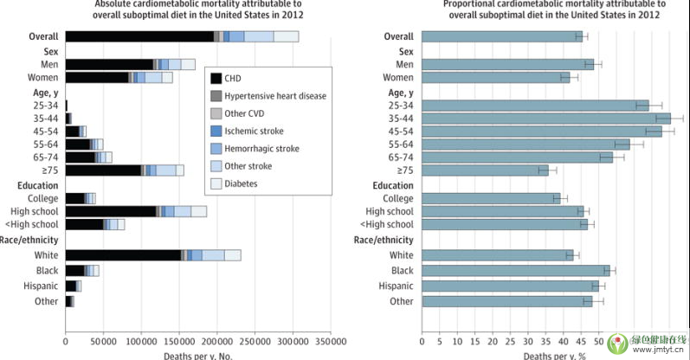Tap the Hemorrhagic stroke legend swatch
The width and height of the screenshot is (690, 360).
pyautogui.click(x=216, y=148)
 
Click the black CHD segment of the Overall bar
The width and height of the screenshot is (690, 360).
pyautogui.click(x=139, y=36)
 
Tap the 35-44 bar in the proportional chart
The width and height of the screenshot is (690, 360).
pyautogui.click(x=545, y=118)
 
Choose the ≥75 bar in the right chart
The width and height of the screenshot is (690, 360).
pyautogui.click(x=485, y=170)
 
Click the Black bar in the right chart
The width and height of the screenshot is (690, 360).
pyautogui.click(x=516, y=270)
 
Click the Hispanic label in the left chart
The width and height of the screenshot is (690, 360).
pyautogui.click(x=42, y=286)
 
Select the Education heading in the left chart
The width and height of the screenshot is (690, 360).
pyautogui.click(x=37, y=184)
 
